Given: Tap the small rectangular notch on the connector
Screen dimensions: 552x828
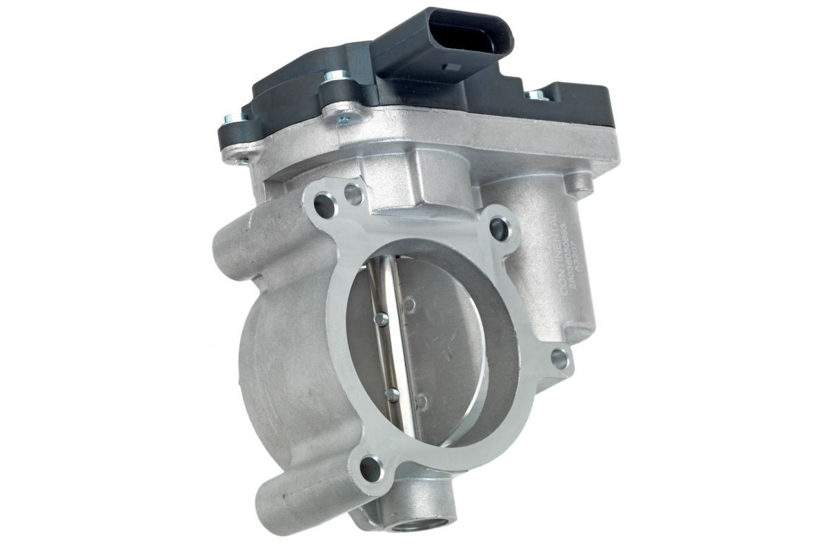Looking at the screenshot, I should click(453, 68).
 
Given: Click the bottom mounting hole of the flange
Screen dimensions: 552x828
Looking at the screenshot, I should click(371, 469).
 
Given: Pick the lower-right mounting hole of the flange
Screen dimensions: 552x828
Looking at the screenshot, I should click(559, 358).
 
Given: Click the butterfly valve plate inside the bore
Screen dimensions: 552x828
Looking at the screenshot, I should click(442, 345).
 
